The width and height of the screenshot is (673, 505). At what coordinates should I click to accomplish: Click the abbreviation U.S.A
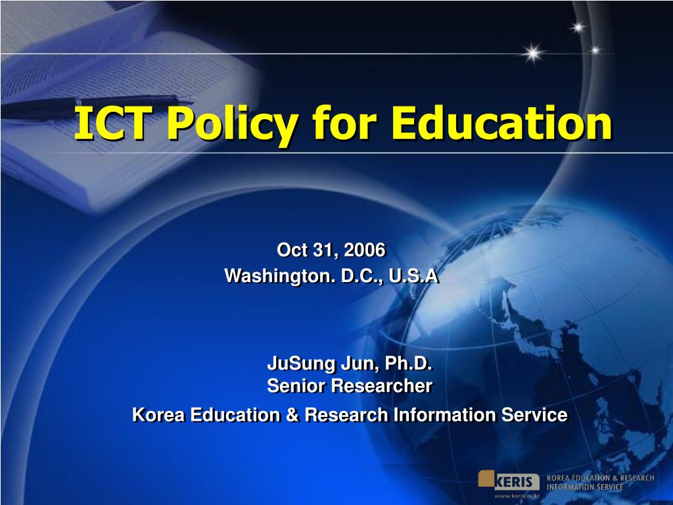pyautogui.click(x=413, y=276)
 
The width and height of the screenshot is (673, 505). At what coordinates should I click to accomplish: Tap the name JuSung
pyautogui.click(x=302, y=364)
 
